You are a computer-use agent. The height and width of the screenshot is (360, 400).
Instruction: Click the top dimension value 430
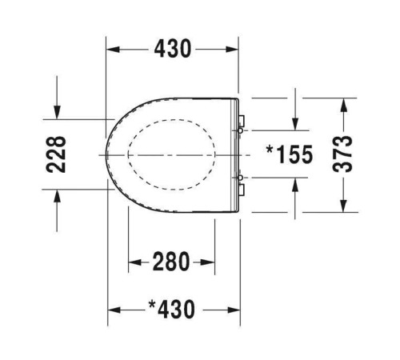point(173,49)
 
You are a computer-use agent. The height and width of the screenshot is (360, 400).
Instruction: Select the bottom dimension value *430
point(171,310)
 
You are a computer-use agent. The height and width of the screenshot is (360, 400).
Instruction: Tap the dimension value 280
point(171,262)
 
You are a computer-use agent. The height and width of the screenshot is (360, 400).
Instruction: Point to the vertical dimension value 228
point(56,154)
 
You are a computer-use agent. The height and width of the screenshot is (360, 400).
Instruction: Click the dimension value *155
point(290,154)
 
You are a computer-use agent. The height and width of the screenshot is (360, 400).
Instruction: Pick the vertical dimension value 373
point(342,154)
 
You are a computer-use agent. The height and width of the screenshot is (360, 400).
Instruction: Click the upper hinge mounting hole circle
point(240,130)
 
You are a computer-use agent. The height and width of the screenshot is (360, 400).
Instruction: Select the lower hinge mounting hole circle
point(240,178)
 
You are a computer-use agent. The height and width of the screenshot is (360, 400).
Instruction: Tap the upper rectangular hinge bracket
point(242,121)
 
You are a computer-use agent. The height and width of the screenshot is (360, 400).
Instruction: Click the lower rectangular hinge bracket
point(242,190)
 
